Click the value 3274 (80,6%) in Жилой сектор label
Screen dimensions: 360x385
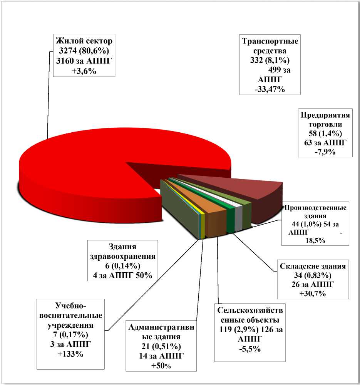(x=84, y=51)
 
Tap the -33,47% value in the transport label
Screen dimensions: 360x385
(x=270, y=90)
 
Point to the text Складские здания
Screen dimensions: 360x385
(x=312, y=266)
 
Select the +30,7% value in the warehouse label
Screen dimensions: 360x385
(x=313, y=294)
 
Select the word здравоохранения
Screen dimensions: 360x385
(x=123, y=256)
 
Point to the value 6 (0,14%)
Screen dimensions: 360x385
(x=122, y=266)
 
